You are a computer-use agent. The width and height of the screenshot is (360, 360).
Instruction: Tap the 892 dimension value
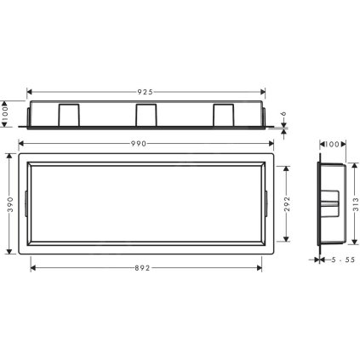[x=146, y=267]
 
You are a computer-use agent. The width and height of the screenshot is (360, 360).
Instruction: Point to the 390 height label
[x=8, y=204]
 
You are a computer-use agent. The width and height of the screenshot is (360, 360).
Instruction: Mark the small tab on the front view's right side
[x=268, y=204]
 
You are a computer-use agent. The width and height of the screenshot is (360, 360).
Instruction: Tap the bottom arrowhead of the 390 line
[x=8, y=253]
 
